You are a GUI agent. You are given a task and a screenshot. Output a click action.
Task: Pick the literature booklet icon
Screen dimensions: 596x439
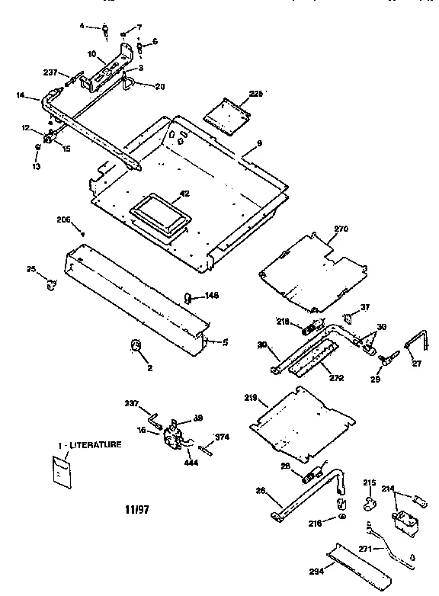(59, 470)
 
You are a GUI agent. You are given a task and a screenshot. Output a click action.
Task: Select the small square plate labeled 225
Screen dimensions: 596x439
(227, 111)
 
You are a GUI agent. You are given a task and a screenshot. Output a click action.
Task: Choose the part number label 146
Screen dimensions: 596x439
(211, 295)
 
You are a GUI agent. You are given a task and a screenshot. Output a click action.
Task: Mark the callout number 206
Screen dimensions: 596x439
(63, 219)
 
